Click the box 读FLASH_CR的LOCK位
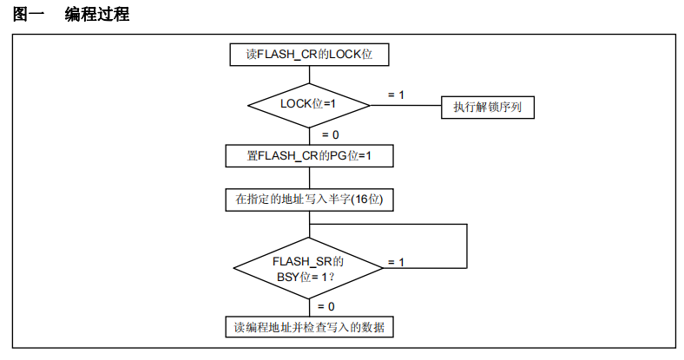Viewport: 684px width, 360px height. tap(309, 55)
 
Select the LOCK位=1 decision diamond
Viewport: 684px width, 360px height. tap(309, 104)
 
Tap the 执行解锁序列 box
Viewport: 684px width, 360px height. tap(487, 107)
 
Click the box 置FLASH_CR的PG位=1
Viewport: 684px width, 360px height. tap(309, 156)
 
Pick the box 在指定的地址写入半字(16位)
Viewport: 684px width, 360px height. tap(309, 200)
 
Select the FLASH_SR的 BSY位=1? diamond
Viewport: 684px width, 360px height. tap(309, 267)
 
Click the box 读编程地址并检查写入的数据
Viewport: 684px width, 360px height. tap(309, 327)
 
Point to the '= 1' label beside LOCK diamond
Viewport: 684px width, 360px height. tap(396, 93)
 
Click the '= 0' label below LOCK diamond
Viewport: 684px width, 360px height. tap(330, 134)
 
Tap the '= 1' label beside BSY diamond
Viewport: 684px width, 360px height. tap(396, 261)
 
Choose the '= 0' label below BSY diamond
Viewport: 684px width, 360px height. tap(326, 306)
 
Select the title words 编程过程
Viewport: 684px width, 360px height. tap(97, 15)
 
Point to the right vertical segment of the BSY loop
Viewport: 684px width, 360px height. tap(468, 245)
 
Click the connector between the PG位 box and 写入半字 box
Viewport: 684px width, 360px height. tap(309, 178)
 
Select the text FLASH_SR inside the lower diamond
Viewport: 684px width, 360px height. tap(300, 260)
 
